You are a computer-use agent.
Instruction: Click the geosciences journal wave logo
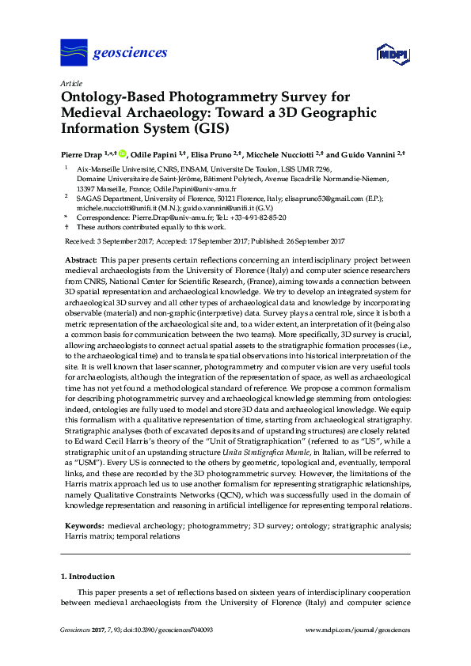(74, 53)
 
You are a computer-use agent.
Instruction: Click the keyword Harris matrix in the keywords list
(85, 535)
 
